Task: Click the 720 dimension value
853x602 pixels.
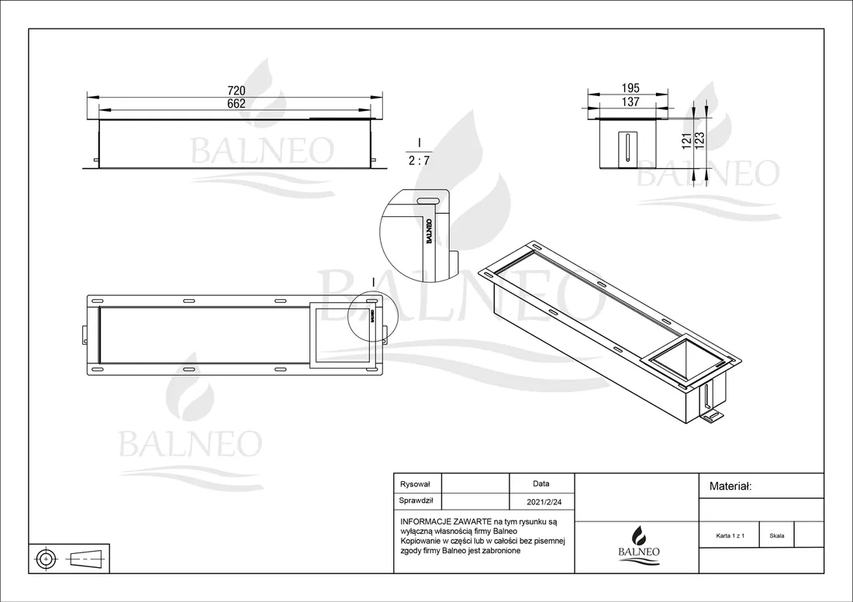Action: [x=236, y=91]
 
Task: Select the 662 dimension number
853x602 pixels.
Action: [x=236, y=104]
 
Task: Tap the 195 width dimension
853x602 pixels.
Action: [x=630, y=88]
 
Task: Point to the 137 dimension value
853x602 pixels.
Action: [x=630, y=101]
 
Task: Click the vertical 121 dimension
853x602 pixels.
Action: [x=686, y=141]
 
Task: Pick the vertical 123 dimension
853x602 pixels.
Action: [x=700, y=141]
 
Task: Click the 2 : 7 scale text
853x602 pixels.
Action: [x=419, y=161]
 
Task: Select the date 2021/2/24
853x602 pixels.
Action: [x=544, y=502]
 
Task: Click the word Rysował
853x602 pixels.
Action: [x=415, y=484]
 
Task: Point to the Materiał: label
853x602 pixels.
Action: [x=730, y=487]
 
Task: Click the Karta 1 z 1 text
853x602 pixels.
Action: [x=730, y=535]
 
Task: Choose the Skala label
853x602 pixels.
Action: [x=777, y=535]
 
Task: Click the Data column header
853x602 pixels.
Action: [x=541, y=483]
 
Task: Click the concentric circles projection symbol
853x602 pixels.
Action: [x=47, y=559]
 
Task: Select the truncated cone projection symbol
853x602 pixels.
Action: [x=87, y=558]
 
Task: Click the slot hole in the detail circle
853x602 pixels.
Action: [x=427, y=200]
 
